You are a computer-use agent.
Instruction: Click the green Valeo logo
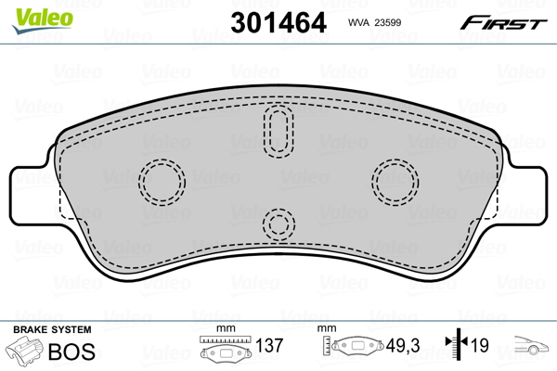[43, 19]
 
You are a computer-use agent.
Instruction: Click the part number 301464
[278, 22]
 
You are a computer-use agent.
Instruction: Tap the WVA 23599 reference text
[374, 22]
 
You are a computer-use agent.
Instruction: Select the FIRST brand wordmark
[503, 23]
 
